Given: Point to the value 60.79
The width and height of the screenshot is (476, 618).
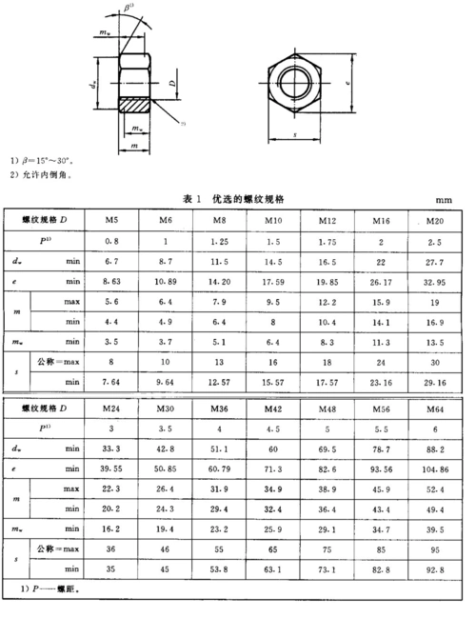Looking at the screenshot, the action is tap(221, 468).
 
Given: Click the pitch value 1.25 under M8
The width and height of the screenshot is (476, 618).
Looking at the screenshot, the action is tap(221, 242).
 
